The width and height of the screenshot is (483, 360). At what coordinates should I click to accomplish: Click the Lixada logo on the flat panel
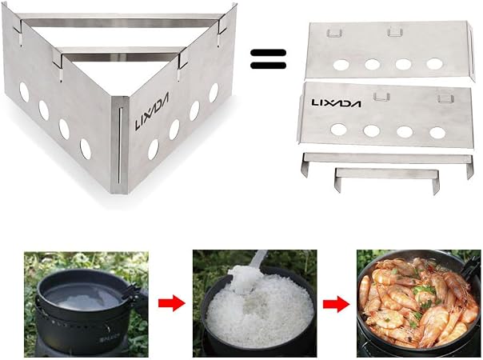tap(336, 102)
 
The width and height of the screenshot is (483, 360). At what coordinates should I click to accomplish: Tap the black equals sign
tap(269, 59)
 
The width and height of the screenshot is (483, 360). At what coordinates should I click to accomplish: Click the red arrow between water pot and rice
tap(172, 303)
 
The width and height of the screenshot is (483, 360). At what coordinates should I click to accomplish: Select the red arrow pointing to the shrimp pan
tap(337, 304)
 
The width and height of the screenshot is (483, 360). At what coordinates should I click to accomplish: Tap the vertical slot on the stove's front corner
tap(120, 145)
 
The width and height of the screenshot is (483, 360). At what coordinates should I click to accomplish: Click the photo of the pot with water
tap(86, 305)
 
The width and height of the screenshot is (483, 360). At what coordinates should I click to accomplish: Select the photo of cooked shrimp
tap(418, 303)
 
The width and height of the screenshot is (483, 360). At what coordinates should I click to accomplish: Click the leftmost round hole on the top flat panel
tap(341, 65)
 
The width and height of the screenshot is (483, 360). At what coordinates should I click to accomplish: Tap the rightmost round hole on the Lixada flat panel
tap(437, 133)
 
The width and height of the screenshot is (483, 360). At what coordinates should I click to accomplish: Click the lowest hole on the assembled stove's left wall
tap(86, 149)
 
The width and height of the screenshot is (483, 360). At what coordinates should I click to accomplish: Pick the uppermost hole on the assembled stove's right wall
tap(214, 93)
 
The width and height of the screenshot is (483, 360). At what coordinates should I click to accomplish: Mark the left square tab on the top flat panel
tap(334, 32)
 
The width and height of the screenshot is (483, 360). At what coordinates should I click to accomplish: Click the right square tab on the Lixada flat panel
tap(445, 98)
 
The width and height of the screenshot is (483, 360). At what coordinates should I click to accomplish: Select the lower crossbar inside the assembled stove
tap(121, 57)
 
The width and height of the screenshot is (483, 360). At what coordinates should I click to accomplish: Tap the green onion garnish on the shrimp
tap(418, 290)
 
